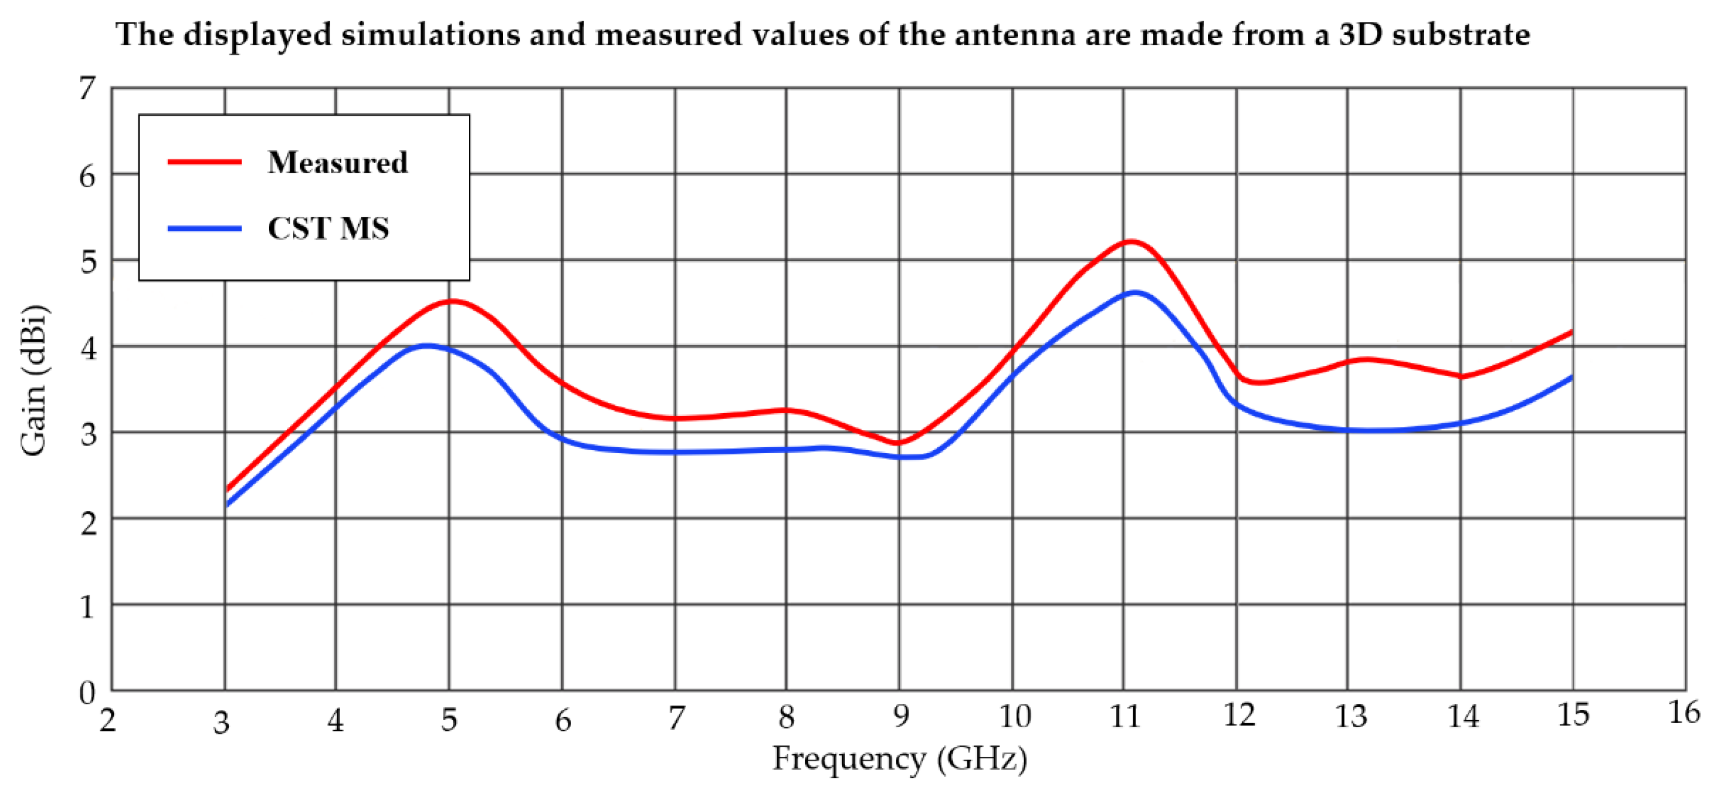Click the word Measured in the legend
[337, 162]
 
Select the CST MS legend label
[328, 229]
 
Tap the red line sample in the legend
[205, 162]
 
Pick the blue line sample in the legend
[205, 229]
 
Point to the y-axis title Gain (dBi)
[34, 381]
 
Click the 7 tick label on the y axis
[87, 88]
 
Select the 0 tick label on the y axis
[87, 693]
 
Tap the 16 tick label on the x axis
[1684, 713]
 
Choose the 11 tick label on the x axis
[1125, 716]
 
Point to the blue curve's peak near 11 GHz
[1134, 292]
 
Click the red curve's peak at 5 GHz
[452, 301]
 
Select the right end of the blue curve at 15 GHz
[1571, 378]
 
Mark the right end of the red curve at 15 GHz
[1571, 332]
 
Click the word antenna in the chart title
[1014, 34]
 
